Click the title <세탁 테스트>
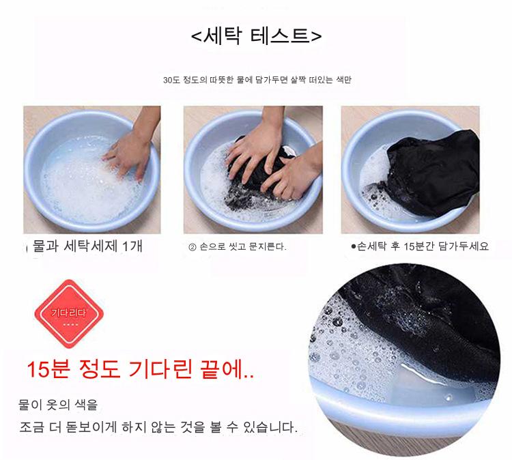pyautogui.click(x=256, y=35)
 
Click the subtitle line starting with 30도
pyautogui.click(x=257, y=80)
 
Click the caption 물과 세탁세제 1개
pyautogui.click(x=87, y=246)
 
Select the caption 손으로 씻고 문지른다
pyautogui.click(x=242, y=247)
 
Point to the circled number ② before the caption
pyautogui.click(x=192, y=247)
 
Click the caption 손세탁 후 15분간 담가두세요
pyautogui.click(x=423, y=246)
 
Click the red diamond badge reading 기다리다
pyautogui.click(x=69, y=313)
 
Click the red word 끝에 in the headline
pyautogui.click(x=223, y=369)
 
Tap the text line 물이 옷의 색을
pyautogui.click(x=58, y=405)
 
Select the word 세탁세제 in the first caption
pyautogui.click(x=90, y=246)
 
